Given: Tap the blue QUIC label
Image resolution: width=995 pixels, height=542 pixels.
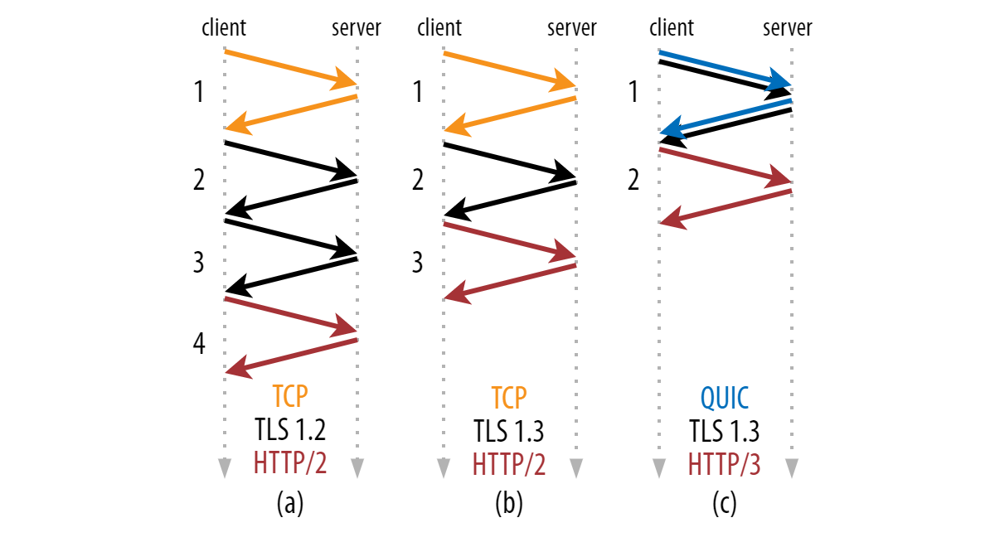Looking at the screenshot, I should (724, 398).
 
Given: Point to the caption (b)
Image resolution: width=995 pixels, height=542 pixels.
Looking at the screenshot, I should (508, 504).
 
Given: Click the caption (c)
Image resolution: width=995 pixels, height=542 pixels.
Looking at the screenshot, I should (724, 504).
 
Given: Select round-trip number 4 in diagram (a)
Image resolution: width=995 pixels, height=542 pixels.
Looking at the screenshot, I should (199, 343).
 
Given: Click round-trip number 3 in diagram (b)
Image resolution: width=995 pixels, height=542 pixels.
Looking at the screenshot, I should (417, 263).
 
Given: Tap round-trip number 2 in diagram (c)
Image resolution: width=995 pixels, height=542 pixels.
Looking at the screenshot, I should (633, 180).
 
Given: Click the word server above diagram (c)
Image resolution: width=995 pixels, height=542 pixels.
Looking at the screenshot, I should (787, 28).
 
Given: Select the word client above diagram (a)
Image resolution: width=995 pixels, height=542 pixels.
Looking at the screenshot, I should (224, 28).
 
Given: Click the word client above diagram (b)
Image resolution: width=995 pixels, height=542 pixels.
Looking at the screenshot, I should (439, 28).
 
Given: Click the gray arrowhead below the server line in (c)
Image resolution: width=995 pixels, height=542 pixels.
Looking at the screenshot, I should (792, 468).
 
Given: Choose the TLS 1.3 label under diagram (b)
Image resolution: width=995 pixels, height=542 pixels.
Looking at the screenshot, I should (508, 431).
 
